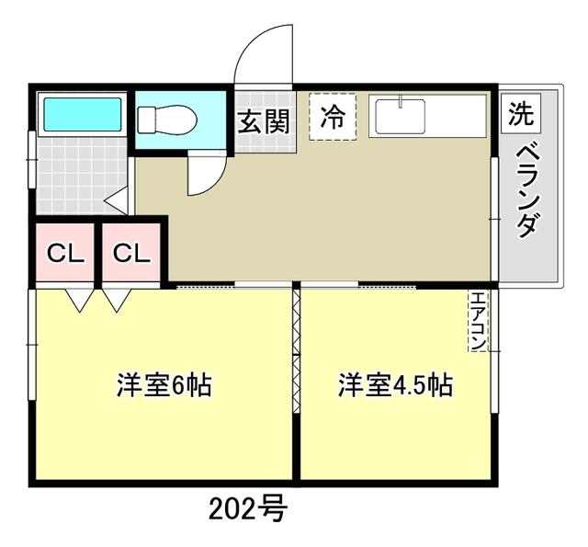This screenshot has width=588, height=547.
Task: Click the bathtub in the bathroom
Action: (x=83, y=114)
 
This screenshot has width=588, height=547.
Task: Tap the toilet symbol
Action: (x=167, y=120)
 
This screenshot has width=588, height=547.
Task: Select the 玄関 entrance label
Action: (x=265, y=121)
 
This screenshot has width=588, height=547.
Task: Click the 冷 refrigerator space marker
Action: (x=333, y=117)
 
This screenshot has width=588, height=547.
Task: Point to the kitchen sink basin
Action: (x=401, y=117)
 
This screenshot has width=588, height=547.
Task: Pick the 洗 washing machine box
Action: (x=521, y=114)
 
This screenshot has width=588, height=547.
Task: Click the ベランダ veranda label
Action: (x=530, y=191)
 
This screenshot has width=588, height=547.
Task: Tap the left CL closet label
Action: (x=65, y=253)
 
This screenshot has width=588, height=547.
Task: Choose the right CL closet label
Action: (x=131, y=253)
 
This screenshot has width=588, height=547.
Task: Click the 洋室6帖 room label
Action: (x=164, y=385)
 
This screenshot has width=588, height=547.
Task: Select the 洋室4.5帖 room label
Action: (x=395, y=385)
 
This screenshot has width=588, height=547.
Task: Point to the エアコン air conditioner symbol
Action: (x=478, y=321)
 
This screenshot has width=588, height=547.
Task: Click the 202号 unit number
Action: (x=248, y=508)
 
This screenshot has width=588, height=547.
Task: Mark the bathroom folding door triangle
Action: (x=117, y=201)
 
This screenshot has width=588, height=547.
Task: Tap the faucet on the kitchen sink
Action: (x=401, y=101)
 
